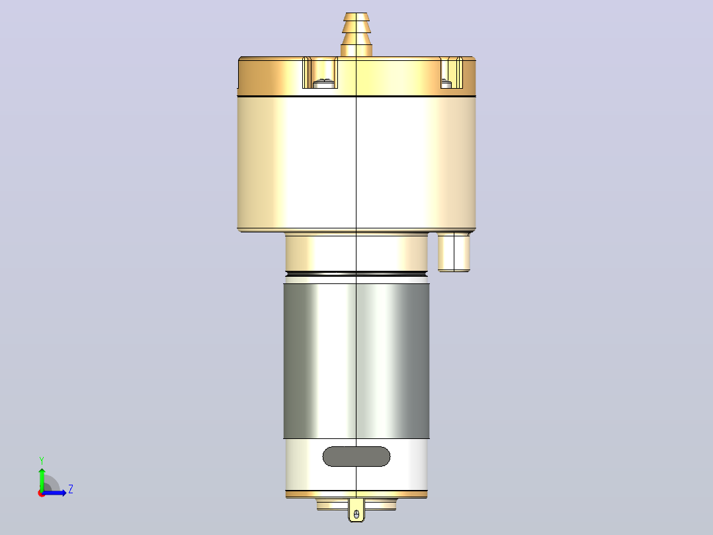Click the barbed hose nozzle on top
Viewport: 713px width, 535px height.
click(356, 34)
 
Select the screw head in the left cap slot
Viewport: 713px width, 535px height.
click(324, 83)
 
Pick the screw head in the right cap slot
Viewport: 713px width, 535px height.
click(446, 83)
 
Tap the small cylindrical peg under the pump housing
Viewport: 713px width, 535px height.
click(454, 252)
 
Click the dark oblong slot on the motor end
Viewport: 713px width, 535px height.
click(356, 456)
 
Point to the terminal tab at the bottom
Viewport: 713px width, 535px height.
click(356, 510)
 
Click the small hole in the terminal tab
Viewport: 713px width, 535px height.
click(356, 514)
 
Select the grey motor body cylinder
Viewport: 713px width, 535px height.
click(356, 361)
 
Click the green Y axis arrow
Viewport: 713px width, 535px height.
click(42, 479)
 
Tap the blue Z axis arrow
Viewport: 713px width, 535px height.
click(54, 493)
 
